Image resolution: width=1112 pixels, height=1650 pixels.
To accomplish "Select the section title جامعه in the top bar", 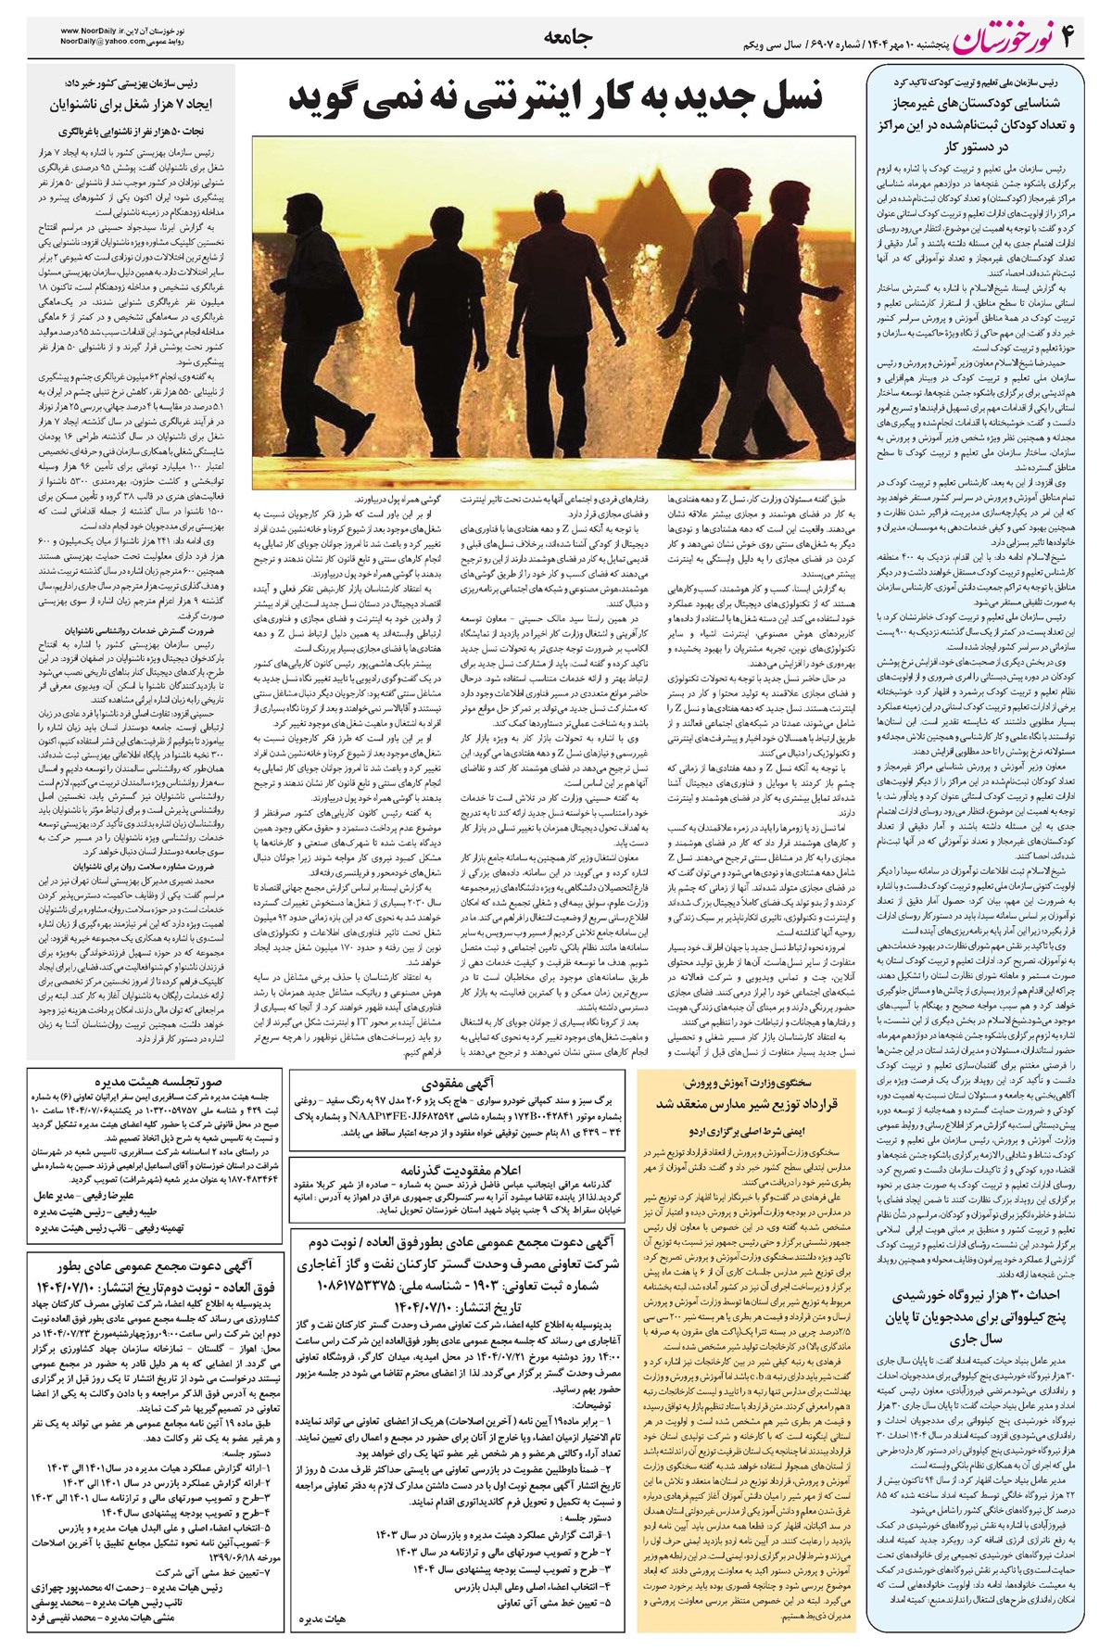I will tap(560, 38).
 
